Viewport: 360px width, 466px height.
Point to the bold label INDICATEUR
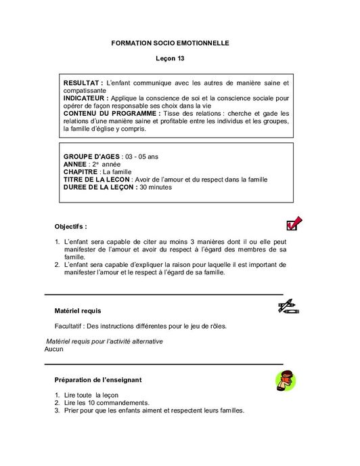pos(87,98)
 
